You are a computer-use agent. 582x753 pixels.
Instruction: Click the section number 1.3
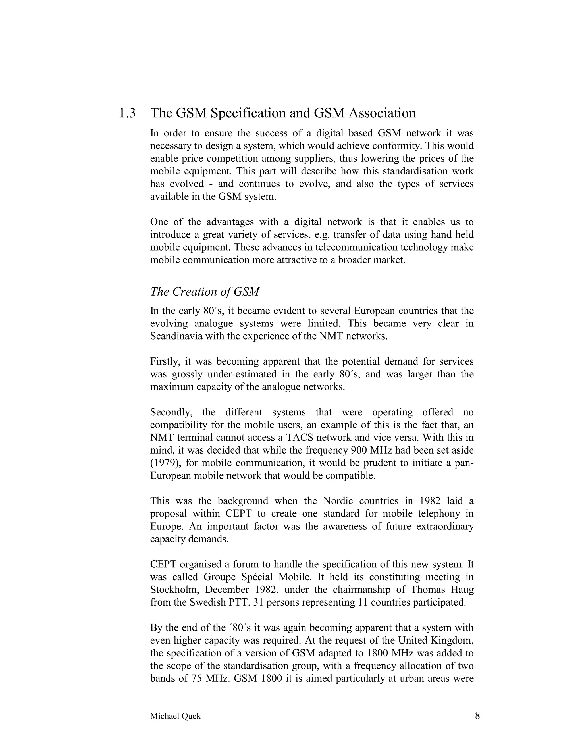click(127, 113)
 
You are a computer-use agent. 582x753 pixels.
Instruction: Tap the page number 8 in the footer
click(477, 716)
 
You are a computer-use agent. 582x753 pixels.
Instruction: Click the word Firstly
click(165, 362)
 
